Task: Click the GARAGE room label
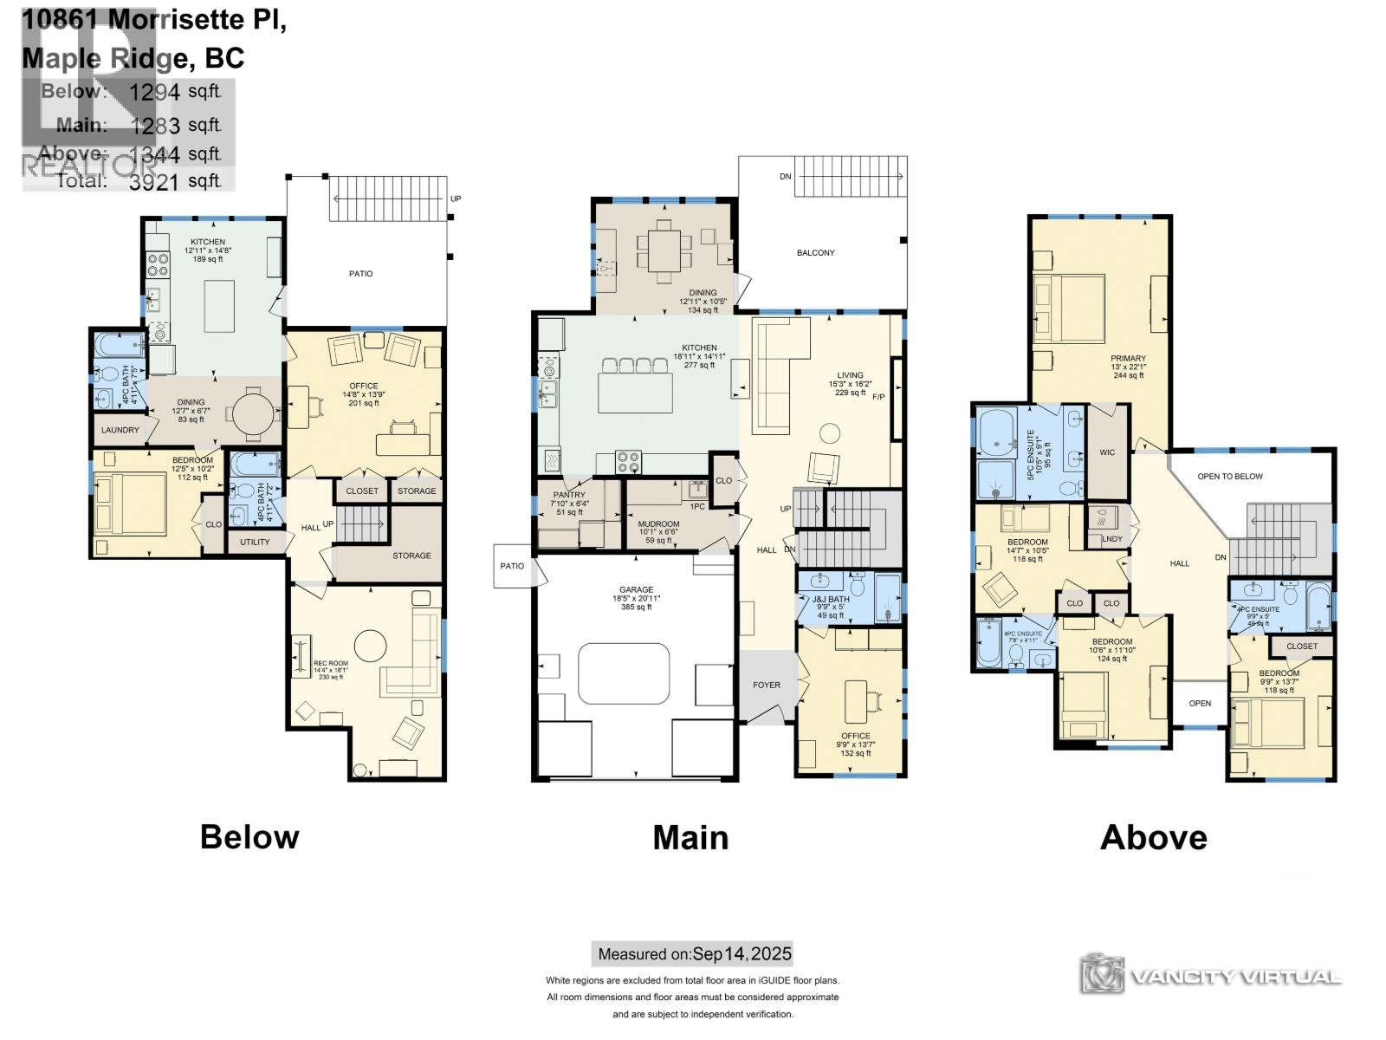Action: [x=636, y=590]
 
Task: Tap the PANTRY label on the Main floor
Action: [x=569, y=495]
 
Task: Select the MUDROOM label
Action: [x=658, y=524]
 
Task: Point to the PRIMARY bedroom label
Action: [x=1128, y=358]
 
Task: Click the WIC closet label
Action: [x=1107, y=452]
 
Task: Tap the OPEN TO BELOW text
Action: [x=1229, y=477]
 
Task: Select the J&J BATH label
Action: [x=830, y=600]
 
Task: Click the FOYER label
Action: [x=767, y=686]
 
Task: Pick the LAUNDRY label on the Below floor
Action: [x=120, y=430]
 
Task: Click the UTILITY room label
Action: [x=255, y=543]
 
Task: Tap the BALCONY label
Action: [x=815, y=253]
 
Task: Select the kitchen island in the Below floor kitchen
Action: [x=220, y=305]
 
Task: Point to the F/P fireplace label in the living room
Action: [x=878, y=397]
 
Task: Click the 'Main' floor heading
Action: [x=690, y=837]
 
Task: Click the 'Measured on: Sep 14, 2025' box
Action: [x=692, y=954]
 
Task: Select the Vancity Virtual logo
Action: [x=1211, y=976]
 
